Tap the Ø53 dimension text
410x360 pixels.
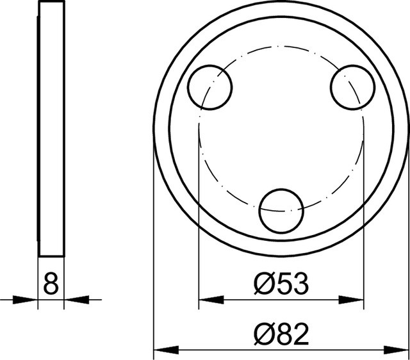click(x=281, y=284)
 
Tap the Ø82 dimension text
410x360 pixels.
click(x=281, y=334)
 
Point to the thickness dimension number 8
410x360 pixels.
click(x=51, y=284)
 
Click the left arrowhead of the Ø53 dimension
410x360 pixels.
click(x=211, y=300)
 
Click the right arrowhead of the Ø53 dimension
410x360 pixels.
click(x=351, y=300)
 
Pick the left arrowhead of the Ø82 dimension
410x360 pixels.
click(x=167, y=350)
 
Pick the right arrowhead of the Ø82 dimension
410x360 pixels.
click(x=396, y=350)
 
